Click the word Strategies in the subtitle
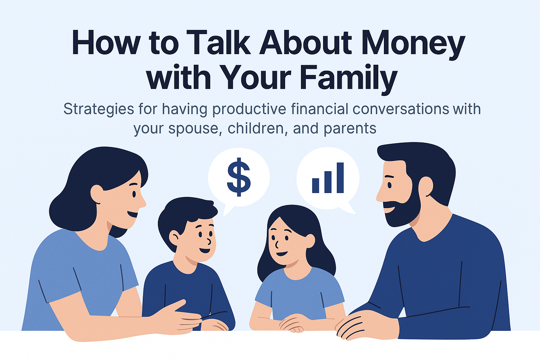click(98, 109)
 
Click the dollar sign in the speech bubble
click(239, 176)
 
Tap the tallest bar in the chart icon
click(340, 178)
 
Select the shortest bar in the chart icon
click(315, 185)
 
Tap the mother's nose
click(142, 201)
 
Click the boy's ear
click(174, 238)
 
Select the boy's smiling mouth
click(205, 251)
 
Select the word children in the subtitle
click(256, 129)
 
